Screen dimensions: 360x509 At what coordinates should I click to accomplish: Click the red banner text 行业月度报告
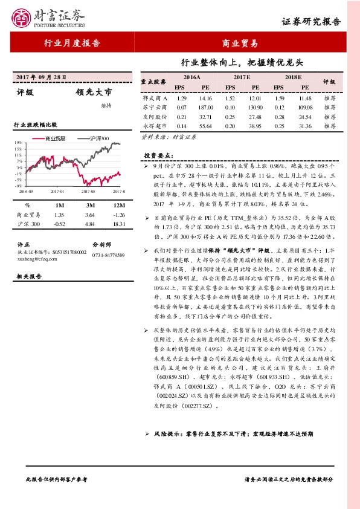(x=72, y=44)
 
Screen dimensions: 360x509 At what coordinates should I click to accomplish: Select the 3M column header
(x=89, y=206)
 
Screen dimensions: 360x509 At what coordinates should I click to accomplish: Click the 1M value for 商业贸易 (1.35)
(x=59, y=215)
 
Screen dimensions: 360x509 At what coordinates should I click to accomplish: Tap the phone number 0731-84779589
(x=108, y=255)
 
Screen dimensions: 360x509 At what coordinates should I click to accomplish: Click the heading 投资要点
(x=156, y=155)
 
